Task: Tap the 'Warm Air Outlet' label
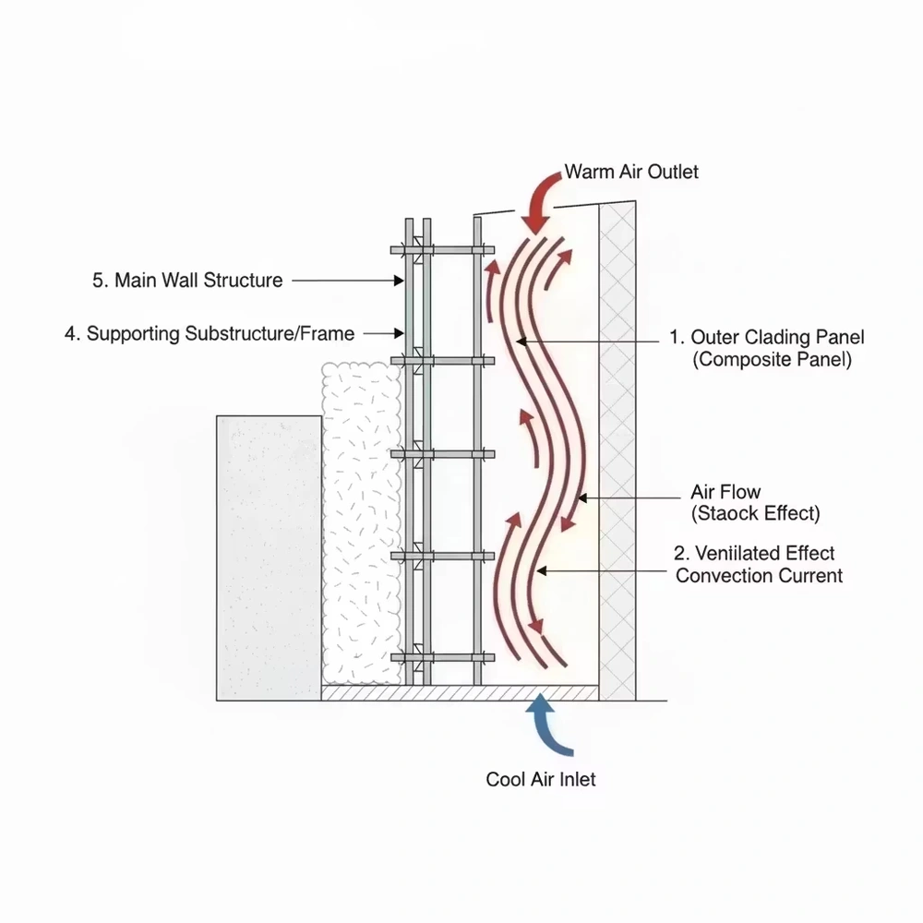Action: [x=631, y=171]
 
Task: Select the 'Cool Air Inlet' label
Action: [x=541, y=779]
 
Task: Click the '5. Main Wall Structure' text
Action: [x=187, y=280]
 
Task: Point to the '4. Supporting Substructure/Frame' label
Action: [x=210, y=333]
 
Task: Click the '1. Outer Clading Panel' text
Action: [x=768, y=338]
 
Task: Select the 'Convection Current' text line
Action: [x=759, y=576]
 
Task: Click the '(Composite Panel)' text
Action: [x=772, y=360]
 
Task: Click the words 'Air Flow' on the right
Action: [x=725, y=492]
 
